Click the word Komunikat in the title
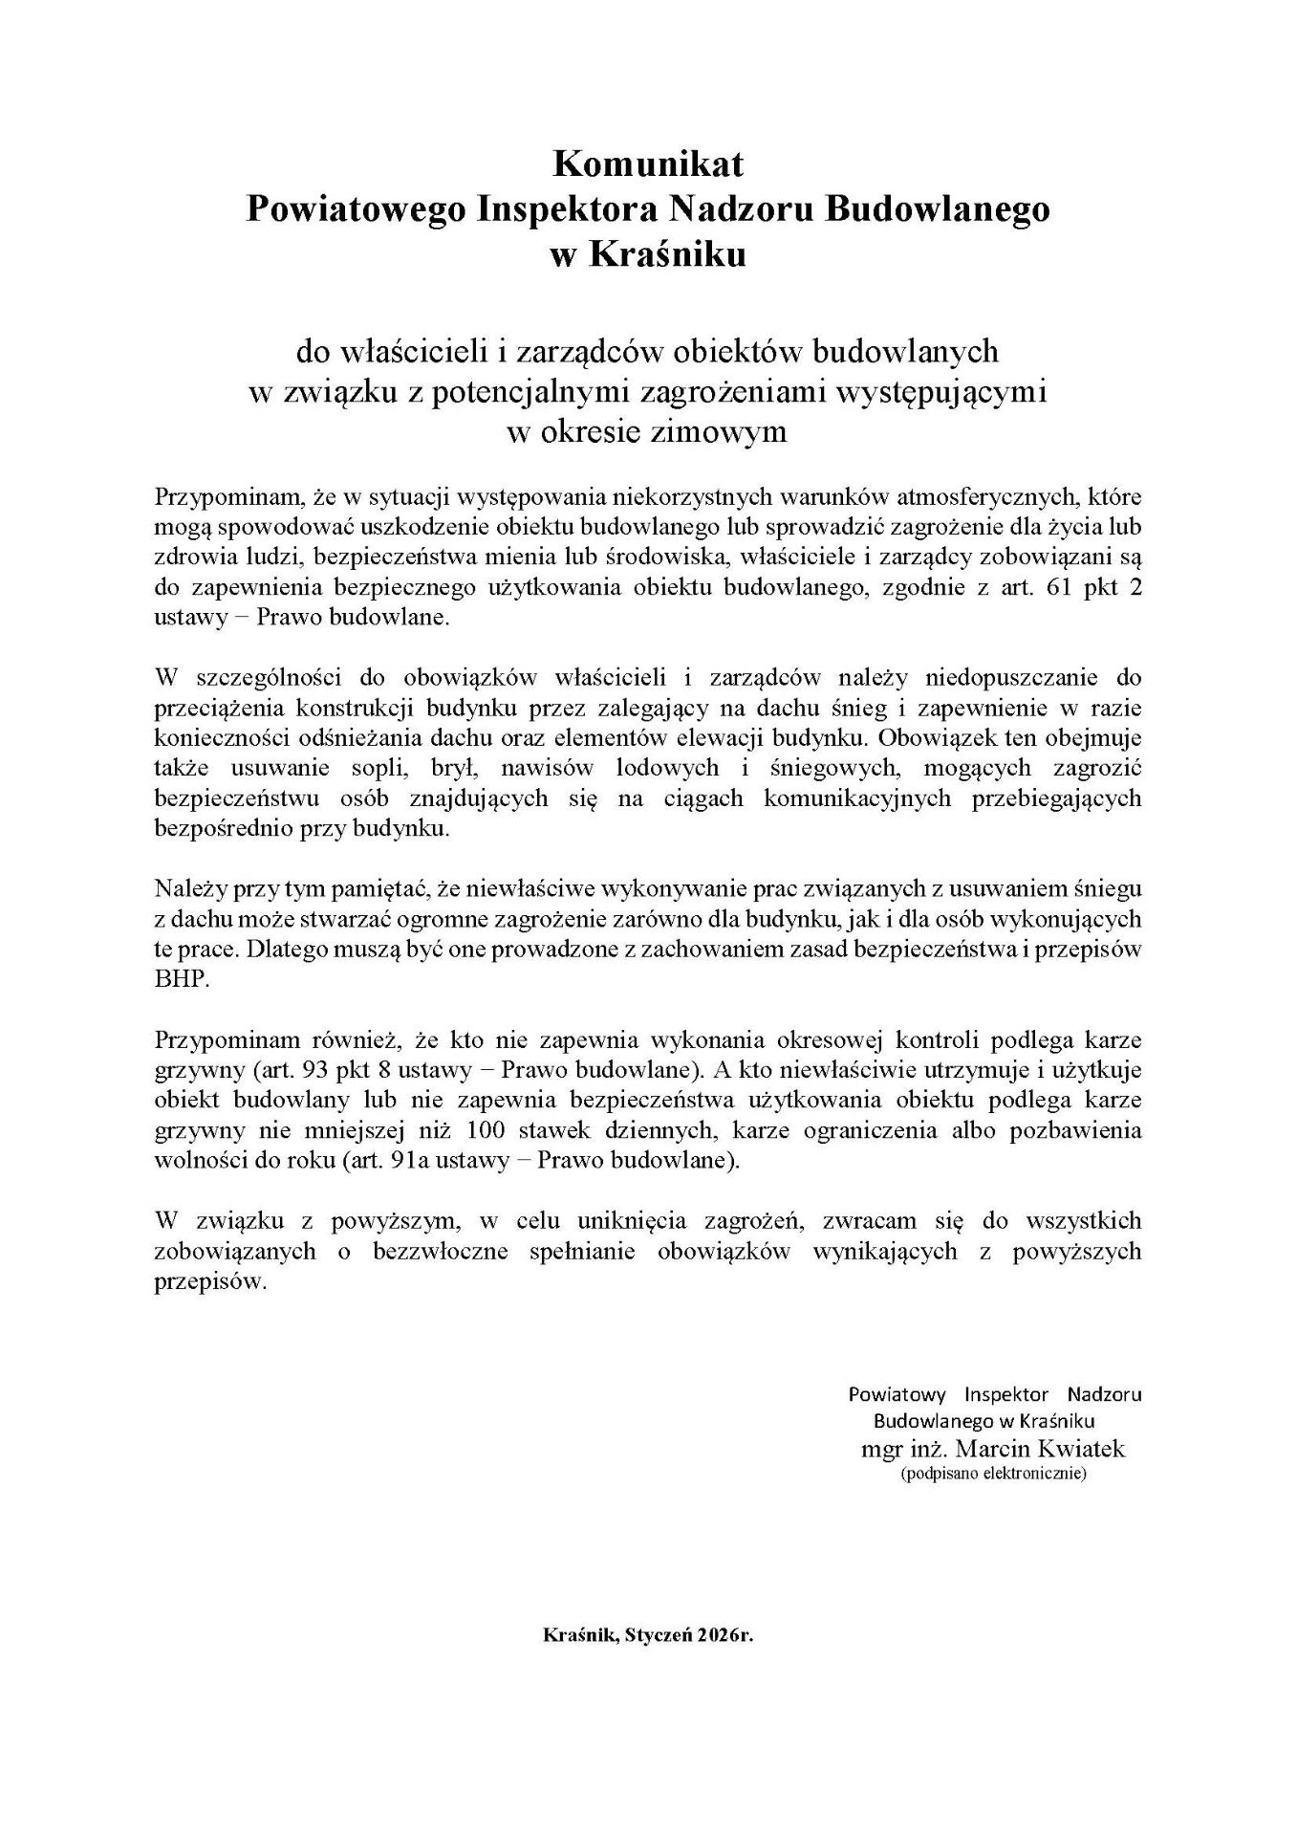pos(648,164)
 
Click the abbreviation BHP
pos(181,981)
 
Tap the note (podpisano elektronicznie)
pos(993,1474)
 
